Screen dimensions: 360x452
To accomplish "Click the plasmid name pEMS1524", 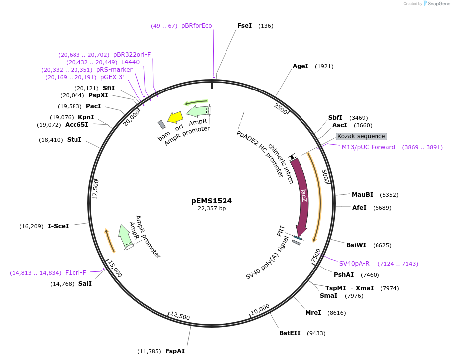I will tap(212, 201).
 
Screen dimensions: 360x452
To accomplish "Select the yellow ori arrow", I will tap(175, 117).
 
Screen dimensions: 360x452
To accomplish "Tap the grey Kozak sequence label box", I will tap(361, 136).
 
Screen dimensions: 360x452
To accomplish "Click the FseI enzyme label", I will tap(244, 26).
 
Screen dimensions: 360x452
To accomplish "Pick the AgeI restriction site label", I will tap(301, 66).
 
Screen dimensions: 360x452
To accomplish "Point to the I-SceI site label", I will tap(58, 226).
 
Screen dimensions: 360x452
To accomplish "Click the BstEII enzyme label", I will tap(290, 333).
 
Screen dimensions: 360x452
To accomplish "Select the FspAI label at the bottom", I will tap(175, 351).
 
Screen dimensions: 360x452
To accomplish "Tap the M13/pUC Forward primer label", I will tap(369, 147).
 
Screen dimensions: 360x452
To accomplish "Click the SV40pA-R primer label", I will tap(354, 264).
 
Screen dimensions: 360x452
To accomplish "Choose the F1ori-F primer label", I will tap(75, 273).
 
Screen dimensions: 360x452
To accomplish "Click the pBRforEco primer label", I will tap(196, 26).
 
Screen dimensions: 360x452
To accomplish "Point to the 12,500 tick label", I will tap(180, 316).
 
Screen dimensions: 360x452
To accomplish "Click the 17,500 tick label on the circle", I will tap(96, 188).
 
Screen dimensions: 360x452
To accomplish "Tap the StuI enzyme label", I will tap(74, 140).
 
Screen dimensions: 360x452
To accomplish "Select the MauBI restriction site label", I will tap(362, 195).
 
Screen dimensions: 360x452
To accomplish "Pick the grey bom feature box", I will tap(162, 125).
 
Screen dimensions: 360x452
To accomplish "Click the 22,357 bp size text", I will tap(212, 209).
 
